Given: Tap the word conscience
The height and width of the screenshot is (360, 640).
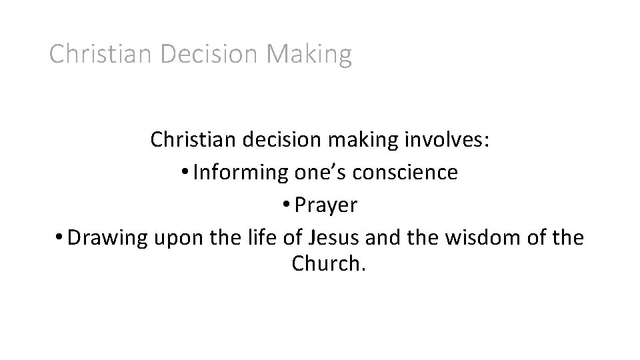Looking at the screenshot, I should pos(408,173).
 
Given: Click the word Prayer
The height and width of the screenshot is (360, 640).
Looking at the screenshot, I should pos(326,205).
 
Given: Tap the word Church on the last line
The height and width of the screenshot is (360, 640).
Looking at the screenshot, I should pos(326,265).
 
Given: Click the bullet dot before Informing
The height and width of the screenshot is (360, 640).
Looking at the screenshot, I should pos(185,173).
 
